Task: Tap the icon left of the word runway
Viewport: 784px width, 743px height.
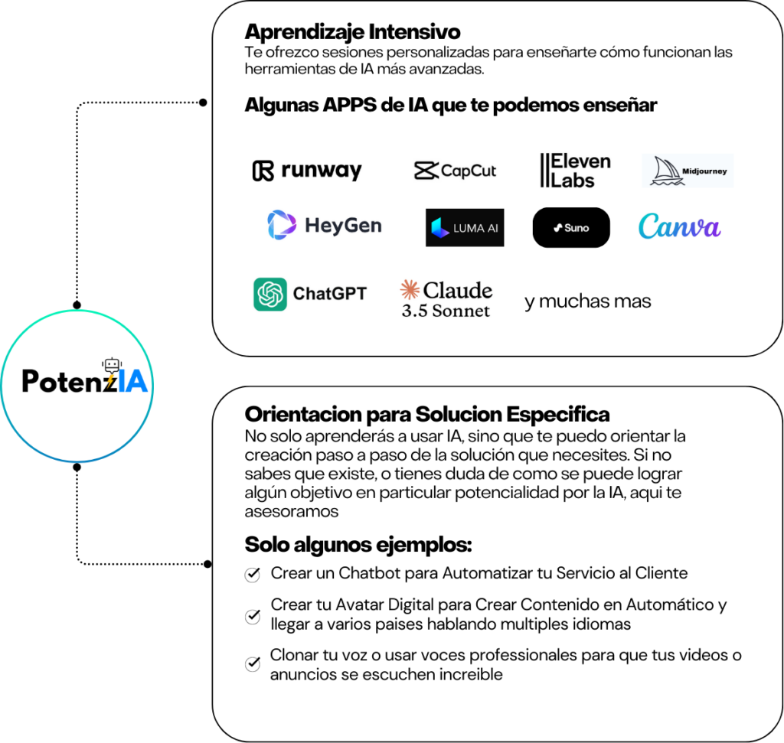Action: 263,171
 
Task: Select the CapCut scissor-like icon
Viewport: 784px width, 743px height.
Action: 425,171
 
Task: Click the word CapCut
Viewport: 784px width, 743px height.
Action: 469,171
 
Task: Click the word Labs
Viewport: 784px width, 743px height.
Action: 573,181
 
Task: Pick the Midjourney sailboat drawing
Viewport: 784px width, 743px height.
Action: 666,171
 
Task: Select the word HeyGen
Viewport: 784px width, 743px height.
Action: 342,226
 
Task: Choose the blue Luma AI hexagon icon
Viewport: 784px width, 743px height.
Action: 440,228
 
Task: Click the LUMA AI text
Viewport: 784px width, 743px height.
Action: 475,228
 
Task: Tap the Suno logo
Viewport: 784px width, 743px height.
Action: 571,228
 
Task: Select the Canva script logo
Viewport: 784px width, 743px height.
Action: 679,227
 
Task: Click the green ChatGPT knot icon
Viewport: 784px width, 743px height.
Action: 270,295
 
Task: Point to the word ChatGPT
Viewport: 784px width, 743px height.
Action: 329,294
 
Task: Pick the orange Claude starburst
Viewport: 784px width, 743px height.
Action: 410,290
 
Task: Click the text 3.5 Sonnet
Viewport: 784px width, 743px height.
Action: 446,311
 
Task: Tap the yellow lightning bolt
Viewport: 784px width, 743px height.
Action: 110,380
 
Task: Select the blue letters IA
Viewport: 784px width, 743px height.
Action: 133,381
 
